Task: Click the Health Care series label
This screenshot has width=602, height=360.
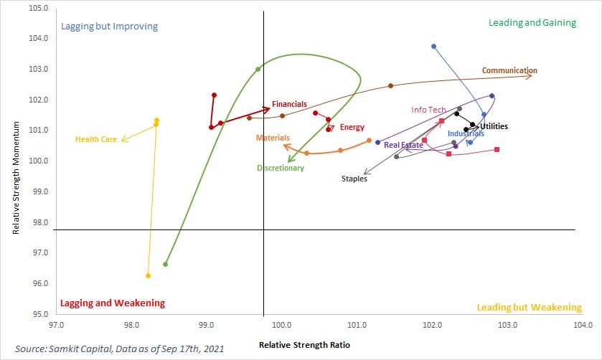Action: click(x=95, y=139)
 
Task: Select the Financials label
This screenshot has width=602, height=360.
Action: click(x=289, y=104)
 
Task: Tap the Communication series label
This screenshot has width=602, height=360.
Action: click(x=509, y=70)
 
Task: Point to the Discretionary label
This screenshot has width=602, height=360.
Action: click(x=281, y=168)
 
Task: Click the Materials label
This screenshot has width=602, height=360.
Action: click(x=273, y=137)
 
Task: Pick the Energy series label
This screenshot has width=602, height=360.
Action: click(x=352, y=127)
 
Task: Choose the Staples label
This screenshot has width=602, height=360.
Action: click(x=354, y=179)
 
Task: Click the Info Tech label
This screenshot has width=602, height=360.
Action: click(x=428, y=110)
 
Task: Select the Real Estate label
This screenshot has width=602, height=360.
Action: click(x=403, y=145)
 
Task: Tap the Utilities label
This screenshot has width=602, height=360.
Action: click(x=494, y=126)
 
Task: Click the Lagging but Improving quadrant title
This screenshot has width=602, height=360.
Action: click(x=109, y=27)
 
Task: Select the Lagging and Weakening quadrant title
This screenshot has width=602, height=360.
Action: click(x=113, y=303)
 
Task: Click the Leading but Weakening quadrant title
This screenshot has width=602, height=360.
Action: click(x=529, y=307)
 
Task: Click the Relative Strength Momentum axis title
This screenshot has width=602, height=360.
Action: click(x=15, y=159)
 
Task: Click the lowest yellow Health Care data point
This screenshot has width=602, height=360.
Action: click(x=148, y=275)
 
